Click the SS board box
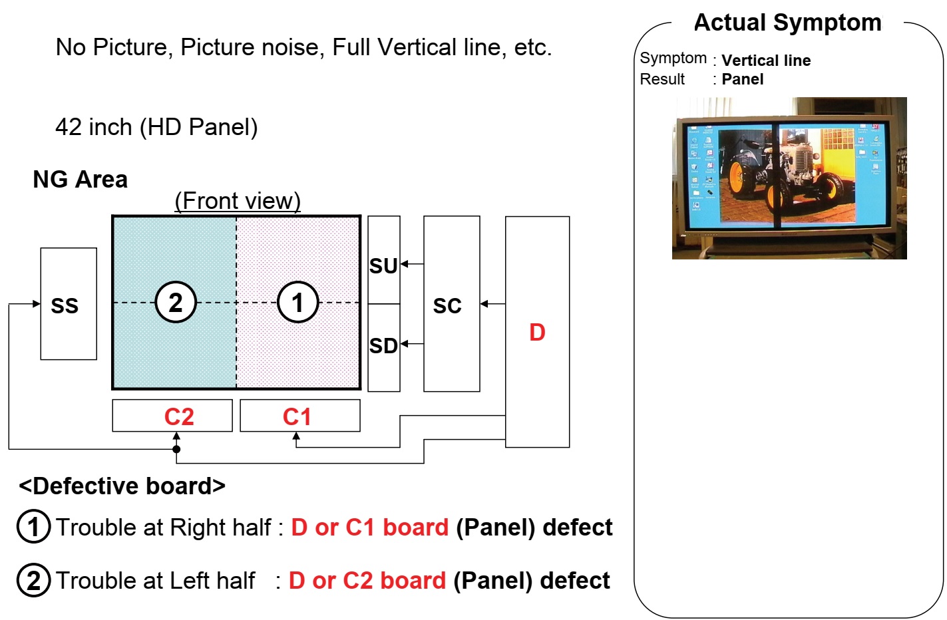click(69, 304)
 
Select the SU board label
click(383, 266)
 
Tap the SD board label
click(383, 346)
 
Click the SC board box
click(451, 305)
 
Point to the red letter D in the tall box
click(537, 333)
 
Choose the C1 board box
click(299, 416)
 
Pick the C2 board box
click(172, 416)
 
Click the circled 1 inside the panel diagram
click(297, 303)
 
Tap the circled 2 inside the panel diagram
click(176, 303)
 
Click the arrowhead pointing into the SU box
click(405, 264)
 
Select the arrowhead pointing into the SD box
click(405, 344)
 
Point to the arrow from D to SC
click(492, 304)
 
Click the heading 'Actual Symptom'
click(787, 23)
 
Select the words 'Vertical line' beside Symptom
click(766, 61)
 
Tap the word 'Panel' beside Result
click(742, 79)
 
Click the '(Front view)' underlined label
click(238, 201)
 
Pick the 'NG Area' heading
click(80, 180)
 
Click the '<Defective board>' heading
click(122, 486)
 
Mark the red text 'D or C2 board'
click(367, 581)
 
